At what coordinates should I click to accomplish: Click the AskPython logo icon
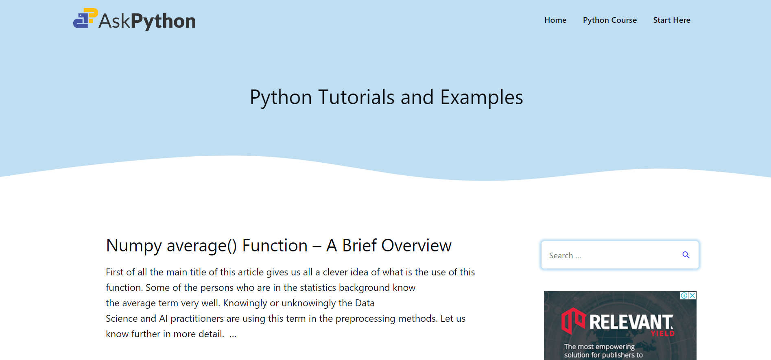pyautogui.click(x=85, y=18)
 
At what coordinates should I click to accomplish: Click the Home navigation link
pyautogui.click(x=555, y=20)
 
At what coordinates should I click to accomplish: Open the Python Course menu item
pyautogui.click(x=610, y=20)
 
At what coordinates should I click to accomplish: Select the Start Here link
pyautogui.click(x=672, y=20)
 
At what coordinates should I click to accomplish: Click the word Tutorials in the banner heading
pyautogui.click(x=356, y=97)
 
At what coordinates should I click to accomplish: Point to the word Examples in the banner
pyautogui.click(x=482, y=98)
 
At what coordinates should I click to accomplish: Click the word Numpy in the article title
pyautogui.click(x=134, y=246)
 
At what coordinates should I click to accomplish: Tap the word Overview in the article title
pyautogui.click(x=416, y=246)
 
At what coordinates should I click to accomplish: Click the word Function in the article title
pyautogui.click(x=275, y=246)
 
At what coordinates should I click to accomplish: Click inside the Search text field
pyautogui.click(x=610, y=255)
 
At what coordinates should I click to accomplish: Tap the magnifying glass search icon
pyautogui.click(x=686, y=255)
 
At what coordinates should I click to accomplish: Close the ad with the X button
pyautogui.click(x=692, y=296)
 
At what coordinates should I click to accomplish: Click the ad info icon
pyautogui.click(x=684, y=296)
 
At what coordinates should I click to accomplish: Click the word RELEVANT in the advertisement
pyautogui.click(x=631, y=322)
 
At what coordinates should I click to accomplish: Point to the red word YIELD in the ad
pyautogui.click(x=663, y=334)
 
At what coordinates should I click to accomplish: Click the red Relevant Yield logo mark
pyautogui.click(x=573, y=321)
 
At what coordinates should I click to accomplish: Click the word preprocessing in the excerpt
pyautogui.click(x=365, y=319)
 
